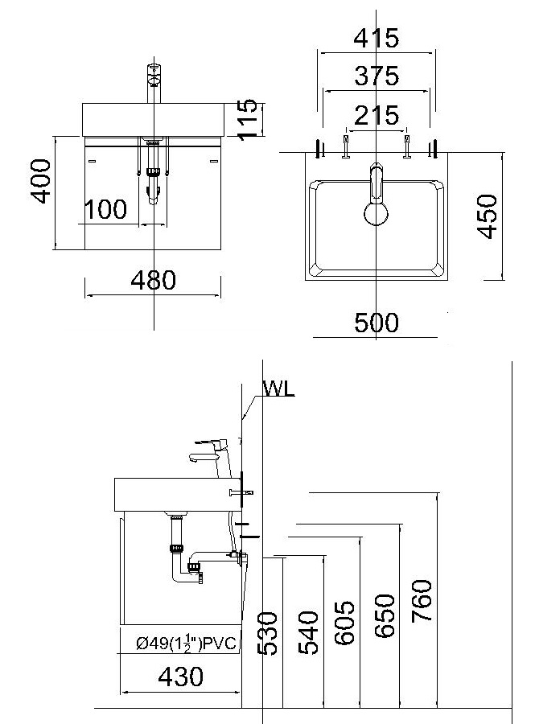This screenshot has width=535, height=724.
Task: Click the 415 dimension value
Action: (x=377, y=38)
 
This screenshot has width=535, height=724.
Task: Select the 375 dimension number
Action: (x=377, y=76)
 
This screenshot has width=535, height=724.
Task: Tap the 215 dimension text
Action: (x=377, y=115)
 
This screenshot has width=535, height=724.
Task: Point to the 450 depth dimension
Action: (x=488, y=216)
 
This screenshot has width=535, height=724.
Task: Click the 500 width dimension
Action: (x=377, y=323)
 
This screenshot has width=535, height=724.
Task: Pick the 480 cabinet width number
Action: (x=153, y=280)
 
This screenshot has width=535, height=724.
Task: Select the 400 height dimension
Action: (x=40, y=181)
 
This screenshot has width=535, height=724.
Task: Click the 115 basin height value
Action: (x=248, y=119)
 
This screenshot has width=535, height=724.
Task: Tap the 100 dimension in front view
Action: (x=105, y=209)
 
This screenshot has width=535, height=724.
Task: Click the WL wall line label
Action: (x=278, y=389)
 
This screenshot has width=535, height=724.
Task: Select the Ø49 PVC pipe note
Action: (x=187, y=642)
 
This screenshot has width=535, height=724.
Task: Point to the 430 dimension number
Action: (x=180, y=677)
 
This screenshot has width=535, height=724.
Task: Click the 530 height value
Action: (x=267, y=634)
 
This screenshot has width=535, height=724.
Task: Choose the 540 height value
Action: (x=308, y=632)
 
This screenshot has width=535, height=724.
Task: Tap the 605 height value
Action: (x=345, y=623)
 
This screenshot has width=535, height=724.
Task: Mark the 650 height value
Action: (x=385, y=616)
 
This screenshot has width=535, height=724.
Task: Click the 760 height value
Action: (x=422, y=601)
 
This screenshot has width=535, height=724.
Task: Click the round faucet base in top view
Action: (x=377, y=214)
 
